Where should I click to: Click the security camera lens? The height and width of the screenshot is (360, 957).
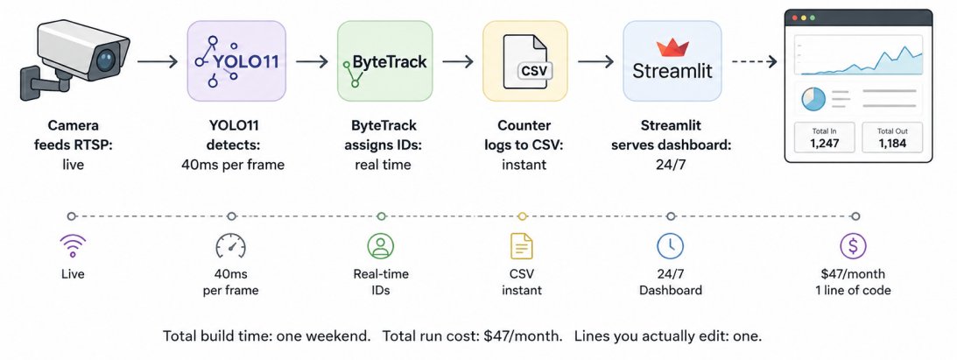(x=106, y=60)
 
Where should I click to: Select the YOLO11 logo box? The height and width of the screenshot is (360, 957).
(x=236, y=60)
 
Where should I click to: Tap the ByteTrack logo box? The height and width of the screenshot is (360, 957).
(x=385, y=60)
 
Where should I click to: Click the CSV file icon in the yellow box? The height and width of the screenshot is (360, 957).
(x=525, y=61)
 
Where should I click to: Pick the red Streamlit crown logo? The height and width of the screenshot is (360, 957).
(x=672, y=47)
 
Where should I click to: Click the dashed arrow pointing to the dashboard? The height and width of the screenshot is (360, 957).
(x=755, y=61)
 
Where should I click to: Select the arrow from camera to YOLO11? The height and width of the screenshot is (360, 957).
(x=158, y=61)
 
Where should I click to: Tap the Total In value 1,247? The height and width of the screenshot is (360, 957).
(x=825, y=144)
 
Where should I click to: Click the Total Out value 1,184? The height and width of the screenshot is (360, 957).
(x=892, y=144)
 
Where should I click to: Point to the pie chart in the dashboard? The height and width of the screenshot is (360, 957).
(x=813, y=99)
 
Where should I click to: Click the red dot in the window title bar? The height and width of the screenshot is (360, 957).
(x=794, y=18)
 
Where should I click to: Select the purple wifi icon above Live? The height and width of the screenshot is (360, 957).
(x=73, y=246)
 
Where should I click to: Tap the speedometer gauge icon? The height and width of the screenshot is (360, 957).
(x=230, y=246)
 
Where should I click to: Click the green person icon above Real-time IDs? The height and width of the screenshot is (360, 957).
(x=381, y=246)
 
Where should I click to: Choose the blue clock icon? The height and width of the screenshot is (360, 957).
(x=670, y=246)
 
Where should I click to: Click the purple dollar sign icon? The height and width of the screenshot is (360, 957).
(x=853, y=246)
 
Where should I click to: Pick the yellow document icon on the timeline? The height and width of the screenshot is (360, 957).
(x=522, y=246)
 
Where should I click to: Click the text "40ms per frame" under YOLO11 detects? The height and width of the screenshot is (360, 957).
(x=233, y=165)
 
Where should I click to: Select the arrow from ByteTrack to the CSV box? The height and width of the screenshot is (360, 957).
(x=458, y=61)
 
